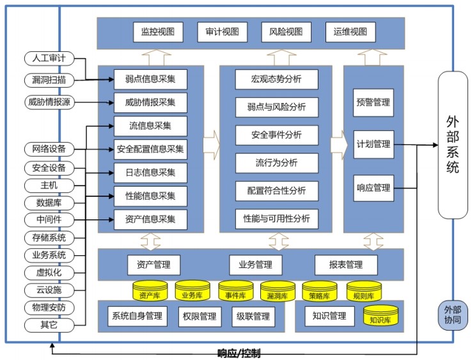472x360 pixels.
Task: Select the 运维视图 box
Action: (x=350, y=31)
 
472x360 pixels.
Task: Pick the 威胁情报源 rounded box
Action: (x=49, y=102)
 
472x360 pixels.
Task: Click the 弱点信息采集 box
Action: (x=151, y=79)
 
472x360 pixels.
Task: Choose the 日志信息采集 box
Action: (x=151, y=172)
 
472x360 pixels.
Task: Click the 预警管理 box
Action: (x=374, y=102)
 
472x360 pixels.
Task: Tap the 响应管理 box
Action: (x=374, y=188)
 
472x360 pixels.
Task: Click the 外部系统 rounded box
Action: (x=453, y=145)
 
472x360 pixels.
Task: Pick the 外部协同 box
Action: (x=453, y=317)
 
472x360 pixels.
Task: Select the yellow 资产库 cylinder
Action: (x=149, y=293)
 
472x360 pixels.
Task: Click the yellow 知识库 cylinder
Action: (x=381, y=316)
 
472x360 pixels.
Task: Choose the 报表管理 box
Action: (x=346, y=265)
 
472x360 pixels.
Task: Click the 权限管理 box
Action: (x=199, y=316)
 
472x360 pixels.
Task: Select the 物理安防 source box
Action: (x=49, y=308)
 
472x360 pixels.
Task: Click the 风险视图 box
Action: (x=286, y=31)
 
